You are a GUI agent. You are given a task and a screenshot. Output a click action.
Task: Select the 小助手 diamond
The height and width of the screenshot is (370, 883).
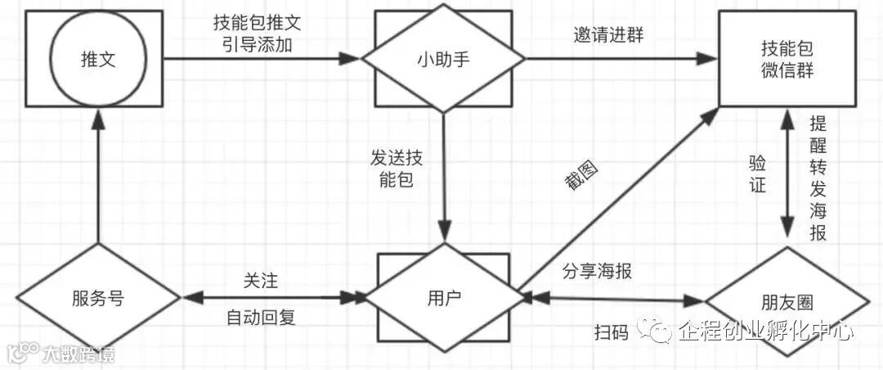442,59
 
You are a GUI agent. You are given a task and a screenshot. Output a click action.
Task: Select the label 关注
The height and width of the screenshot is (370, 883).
261,281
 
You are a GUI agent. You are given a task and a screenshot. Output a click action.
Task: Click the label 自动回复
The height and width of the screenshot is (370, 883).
261,318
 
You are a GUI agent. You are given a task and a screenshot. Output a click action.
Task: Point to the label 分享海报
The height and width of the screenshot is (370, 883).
597,271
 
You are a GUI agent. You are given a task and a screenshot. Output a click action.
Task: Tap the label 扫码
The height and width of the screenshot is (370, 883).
612,332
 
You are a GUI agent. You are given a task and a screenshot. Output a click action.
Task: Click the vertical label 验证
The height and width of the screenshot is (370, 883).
758,174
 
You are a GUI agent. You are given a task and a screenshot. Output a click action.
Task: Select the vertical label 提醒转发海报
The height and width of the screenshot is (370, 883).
817,178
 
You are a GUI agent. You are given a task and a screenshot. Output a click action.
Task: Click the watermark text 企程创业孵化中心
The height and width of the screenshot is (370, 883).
765,330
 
